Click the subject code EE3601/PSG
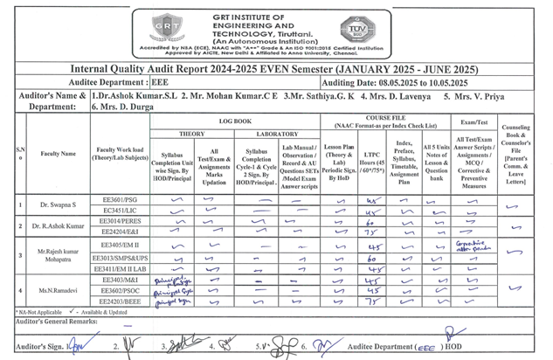[x=120, y=199]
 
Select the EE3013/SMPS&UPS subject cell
[x=120, y=259]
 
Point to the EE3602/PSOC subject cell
[x=120, y=290]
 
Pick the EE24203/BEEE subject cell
[x=120, y=301]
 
